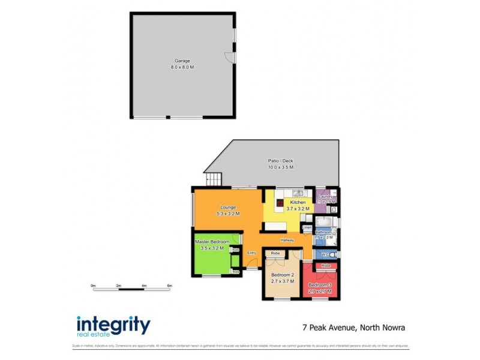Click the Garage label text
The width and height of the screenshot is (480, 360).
click(x=182, y=61)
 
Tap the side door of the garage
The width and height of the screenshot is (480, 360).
click(x=230, y=57)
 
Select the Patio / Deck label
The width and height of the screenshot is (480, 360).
click(x=280, y=161)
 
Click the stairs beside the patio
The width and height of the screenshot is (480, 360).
click(x=214, y=178)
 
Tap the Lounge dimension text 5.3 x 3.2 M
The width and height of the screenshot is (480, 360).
click(x=228, y=214)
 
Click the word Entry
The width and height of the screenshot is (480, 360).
click(x=252, y=253)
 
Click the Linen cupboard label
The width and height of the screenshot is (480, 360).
click(x=307, y=228)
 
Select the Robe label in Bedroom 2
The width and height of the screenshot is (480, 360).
click(x=275, y=253)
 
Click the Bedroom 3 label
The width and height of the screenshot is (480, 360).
click(x=320, y=284)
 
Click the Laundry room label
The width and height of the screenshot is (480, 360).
click(x=326, y=197)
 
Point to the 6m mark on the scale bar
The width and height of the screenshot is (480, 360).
click(x=170, y=286)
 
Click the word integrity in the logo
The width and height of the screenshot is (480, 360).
click(x=113, y=324)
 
